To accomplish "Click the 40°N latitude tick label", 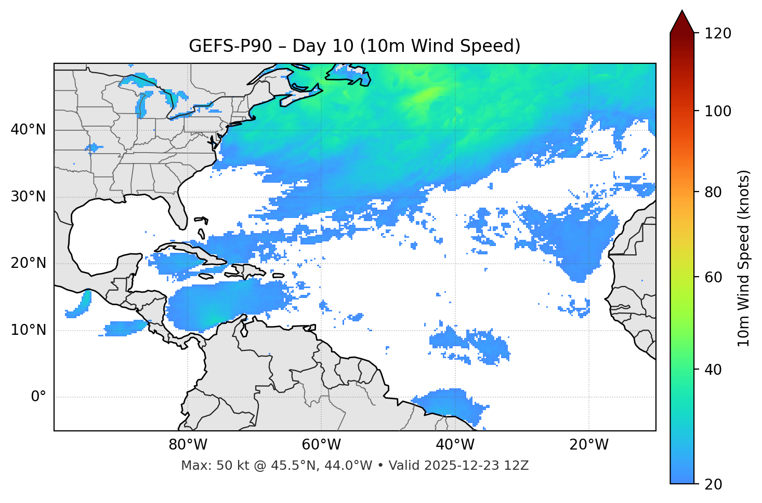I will (28, 130).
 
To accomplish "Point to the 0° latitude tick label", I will (38, 397).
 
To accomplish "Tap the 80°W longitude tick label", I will (188, 445).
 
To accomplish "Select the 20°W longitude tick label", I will (589, 445).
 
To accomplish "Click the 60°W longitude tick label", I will (321, 445).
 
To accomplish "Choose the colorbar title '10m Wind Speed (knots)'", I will (744, 258).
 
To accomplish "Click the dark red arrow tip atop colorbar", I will (681, 20).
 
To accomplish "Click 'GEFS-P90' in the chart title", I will (230, 46).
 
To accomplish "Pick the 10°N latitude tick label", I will (28, 330).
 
